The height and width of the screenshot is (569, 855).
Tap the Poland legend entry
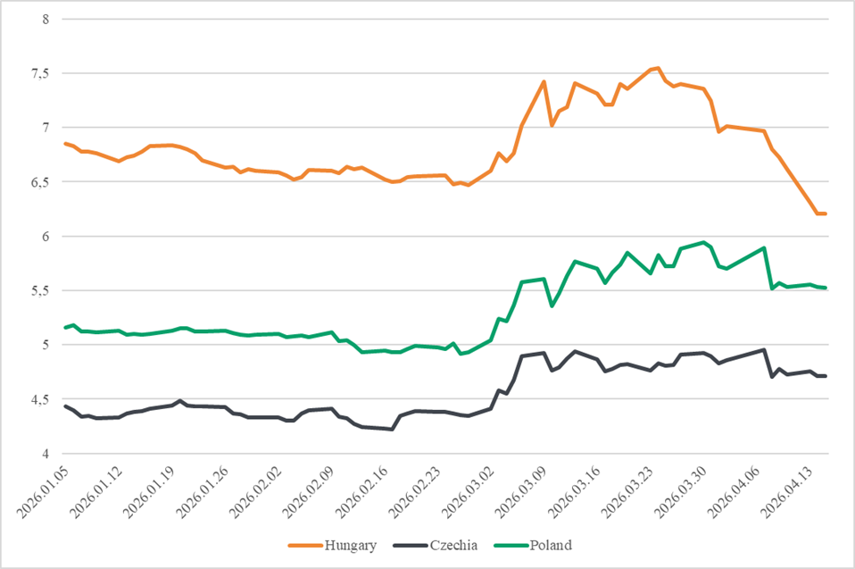tap(550, 545)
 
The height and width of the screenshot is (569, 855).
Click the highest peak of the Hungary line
tap(658, 68)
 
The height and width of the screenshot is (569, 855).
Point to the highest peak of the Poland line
tap(705, 242)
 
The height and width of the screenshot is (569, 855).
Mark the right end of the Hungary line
tap(826, 213)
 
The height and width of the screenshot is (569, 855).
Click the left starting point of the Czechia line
tap(65, 406)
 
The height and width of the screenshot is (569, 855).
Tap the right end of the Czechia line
tap(826, 376)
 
